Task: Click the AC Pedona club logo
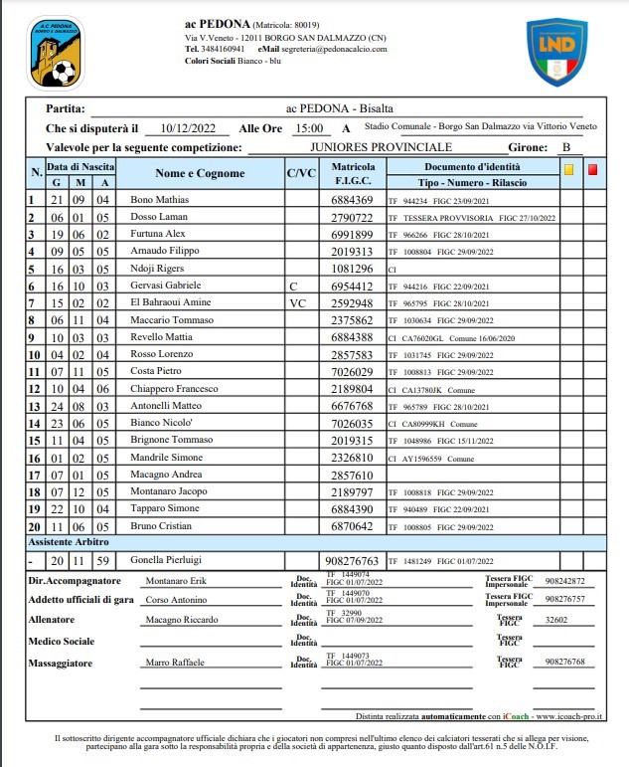tap(56, 54)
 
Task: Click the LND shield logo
tap(556, 52)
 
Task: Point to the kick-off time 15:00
tap(309, 128)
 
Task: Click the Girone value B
tap(565, 147)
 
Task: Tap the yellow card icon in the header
tap(568, 169)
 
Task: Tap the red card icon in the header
tap(593, 169)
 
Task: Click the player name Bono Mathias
tap(159, 200)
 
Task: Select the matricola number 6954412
tap(352, 285)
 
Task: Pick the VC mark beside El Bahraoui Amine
tap(297, 302)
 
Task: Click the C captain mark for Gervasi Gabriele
tap(294, 285)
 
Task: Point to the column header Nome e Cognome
tap(200, 173)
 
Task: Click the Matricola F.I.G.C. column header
tap(353, 173)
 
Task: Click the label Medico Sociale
tap(63, 641)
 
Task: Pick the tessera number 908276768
tap(557, 662)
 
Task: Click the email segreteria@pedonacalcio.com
tap(337, 48)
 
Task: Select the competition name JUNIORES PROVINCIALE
tap(381, 147)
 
